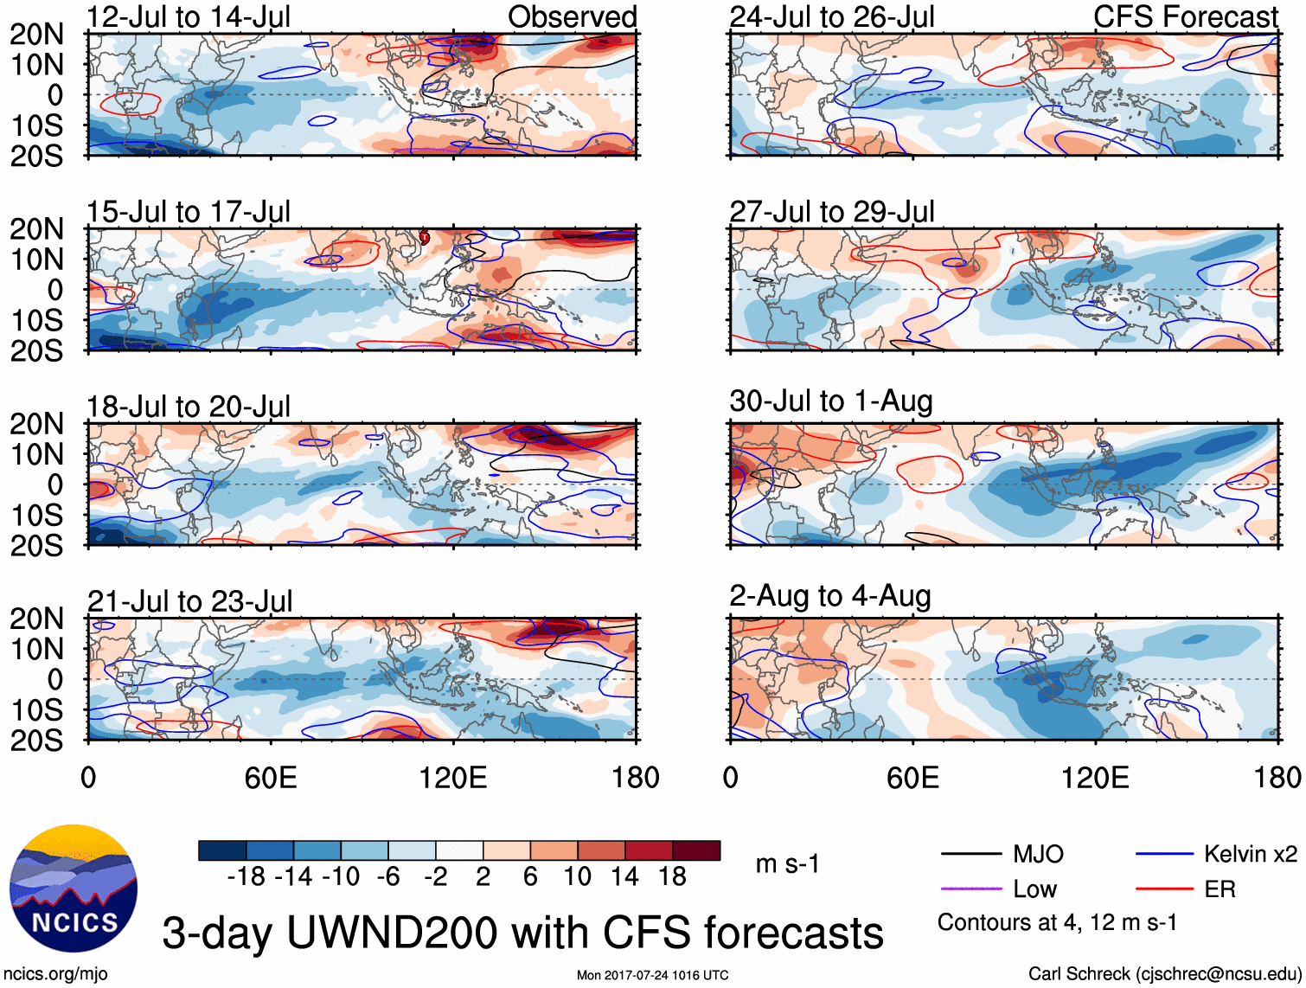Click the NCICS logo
(x=74, y=889)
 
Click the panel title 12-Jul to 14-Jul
(x=188, y=16)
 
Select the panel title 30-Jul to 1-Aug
(x=830, y=401)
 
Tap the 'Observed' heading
(x=572, y=16)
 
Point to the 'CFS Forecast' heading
(x=1185, y=16)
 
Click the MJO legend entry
(x=1038, y=855)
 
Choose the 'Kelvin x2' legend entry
(x=1250, y=855)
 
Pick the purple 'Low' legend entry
(x=1034, y=889)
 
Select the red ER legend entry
(x=1220, y=889)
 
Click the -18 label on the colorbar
(x=246, y=877)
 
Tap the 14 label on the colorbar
(x=624, y=877)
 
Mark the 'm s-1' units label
(x=787, y=864)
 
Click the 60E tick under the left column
(x=271, y=778)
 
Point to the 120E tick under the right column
(x=1095, y=778)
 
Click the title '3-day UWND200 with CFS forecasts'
(x=522, y=933)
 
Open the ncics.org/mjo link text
(x=55, y=974)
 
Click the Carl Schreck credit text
(x=1164, y=974)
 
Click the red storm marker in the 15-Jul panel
(x=425, y=237)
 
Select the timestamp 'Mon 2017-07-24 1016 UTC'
(x=652, y=976)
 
